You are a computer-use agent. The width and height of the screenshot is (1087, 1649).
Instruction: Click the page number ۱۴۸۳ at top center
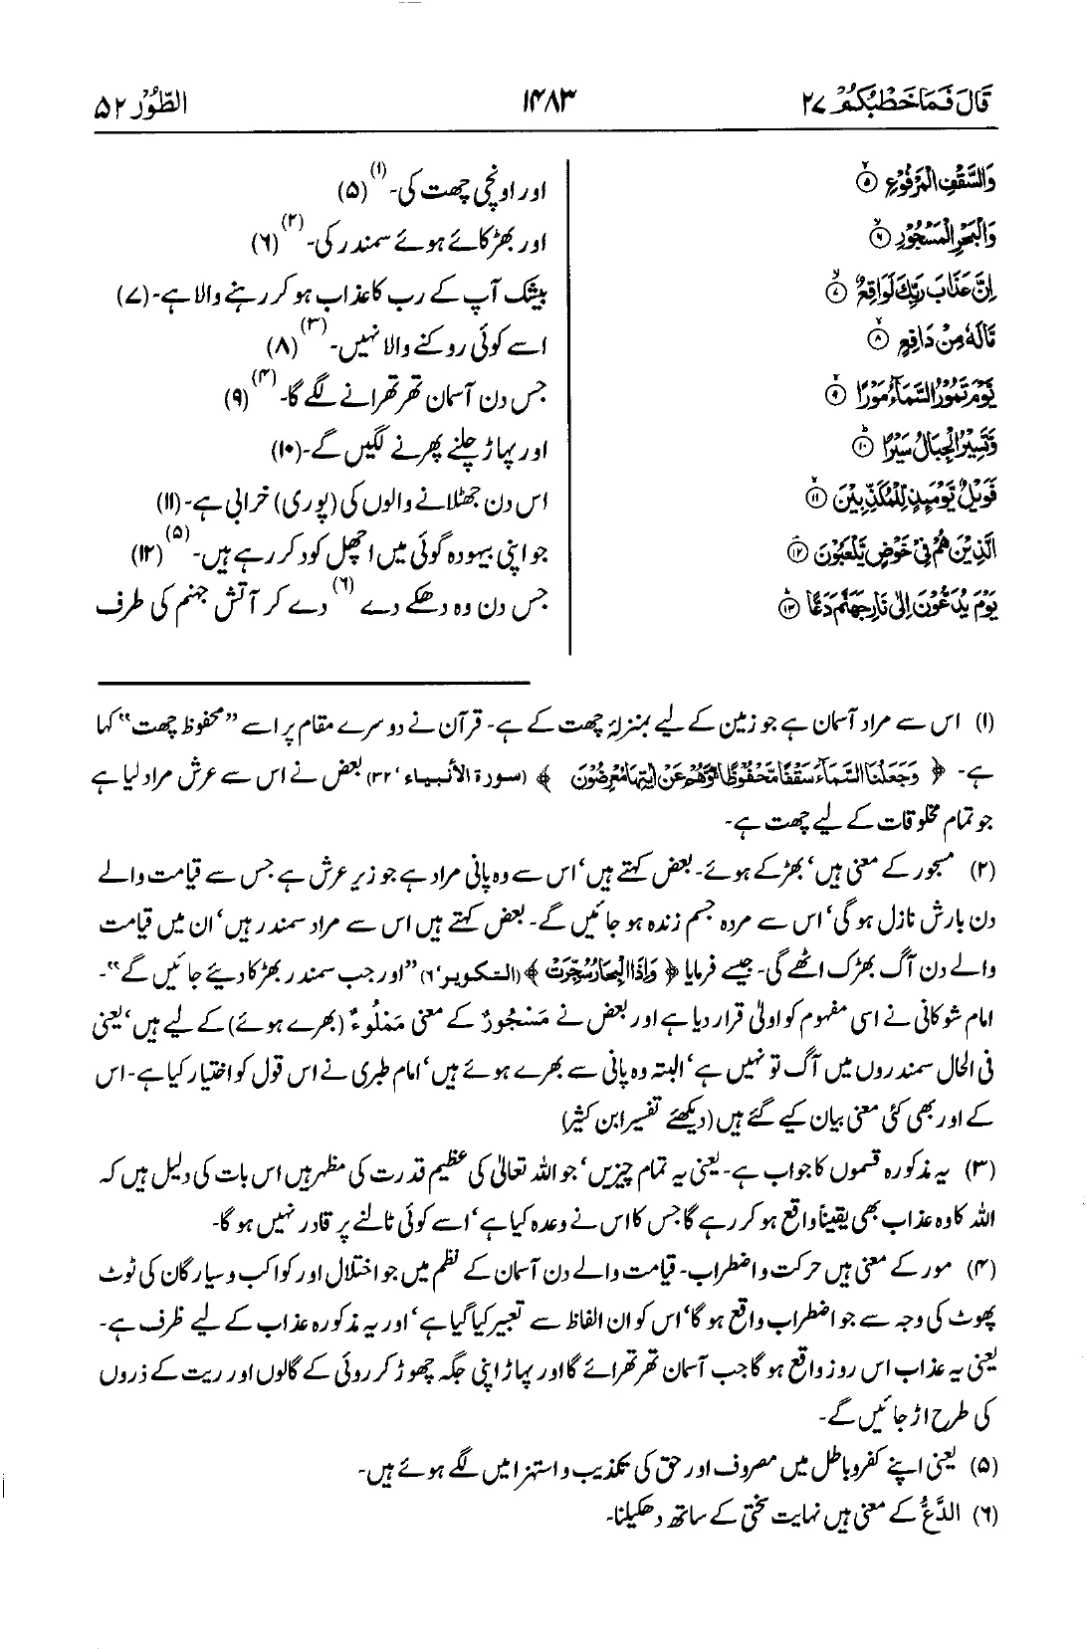(x=548, y=102)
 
